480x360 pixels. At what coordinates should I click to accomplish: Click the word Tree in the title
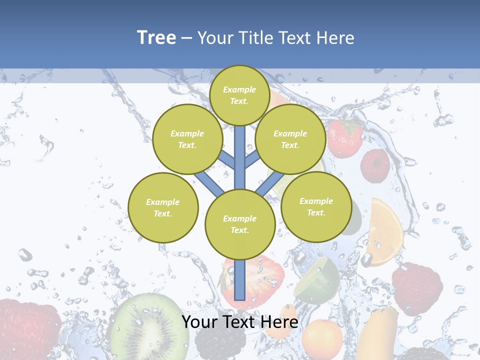click(x=156, y=37)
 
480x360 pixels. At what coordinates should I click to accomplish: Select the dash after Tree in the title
click(x=186, y=38)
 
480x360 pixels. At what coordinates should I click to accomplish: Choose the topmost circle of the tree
click(x=239, y=95)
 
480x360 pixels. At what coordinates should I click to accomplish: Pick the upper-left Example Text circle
click(x=187, y=139)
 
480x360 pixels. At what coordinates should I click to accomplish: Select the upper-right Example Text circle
click(x=290, y=139)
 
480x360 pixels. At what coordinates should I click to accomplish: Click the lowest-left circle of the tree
click(x=163, y=207)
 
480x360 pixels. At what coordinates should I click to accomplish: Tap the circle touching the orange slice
click(x=316, y=206)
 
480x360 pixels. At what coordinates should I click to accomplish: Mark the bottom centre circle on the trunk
click(x=240, y=224)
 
